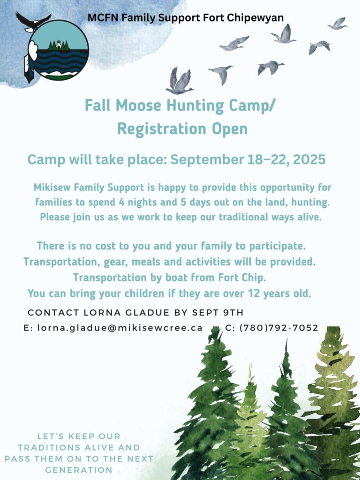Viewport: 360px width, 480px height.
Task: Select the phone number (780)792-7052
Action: point(279,328)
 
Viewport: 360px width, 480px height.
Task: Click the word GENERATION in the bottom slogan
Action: point(79,470)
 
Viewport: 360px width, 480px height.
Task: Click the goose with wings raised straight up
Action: point(180,81)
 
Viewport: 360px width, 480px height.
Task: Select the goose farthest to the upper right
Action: point(337,23)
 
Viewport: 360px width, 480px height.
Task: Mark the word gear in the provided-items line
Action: point(112,262)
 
